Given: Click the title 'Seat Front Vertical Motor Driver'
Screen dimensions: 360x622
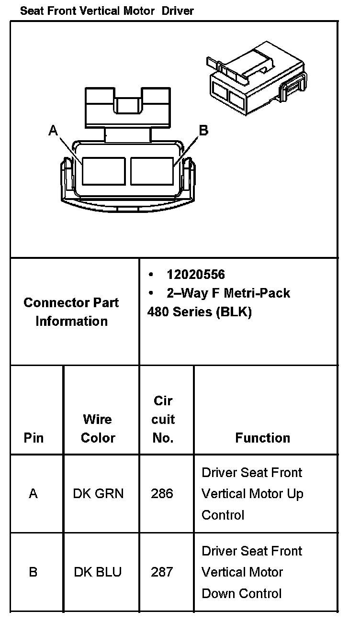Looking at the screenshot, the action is click(107, 11).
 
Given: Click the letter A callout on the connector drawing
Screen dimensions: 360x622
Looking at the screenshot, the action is click(53, 130).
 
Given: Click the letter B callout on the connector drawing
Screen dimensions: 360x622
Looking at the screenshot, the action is click(203, 130).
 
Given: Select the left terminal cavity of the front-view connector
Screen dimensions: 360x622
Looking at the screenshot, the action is click(103, 171).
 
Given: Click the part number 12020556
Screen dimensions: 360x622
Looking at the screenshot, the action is click(195, 275).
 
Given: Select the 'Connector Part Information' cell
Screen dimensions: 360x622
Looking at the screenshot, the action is click(71, 311).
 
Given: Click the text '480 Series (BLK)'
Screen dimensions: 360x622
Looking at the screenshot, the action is click(199, 312).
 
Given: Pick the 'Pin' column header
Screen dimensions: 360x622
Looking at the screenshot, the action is click(34, 438).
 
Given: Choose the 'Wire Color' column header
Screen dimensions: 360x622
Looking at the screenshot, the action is click(98, 428).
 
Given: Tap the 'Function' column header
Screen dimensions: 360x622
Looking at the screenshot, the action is click(262, 438).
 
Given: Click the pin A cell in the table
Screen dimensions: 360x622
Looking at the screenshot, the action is click(33, 494).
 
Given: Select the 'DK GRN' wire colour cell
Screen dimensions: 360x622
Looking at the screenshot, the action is click(98, 494).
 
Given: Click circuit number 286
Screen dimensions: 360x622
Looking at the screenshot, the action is click(162, 494).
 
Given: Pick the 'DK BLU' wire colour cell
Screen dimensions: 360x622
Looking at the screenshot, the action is click(98, 572).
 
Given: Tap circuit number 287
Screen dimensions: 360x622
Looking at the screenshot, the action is click(162, 572).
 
